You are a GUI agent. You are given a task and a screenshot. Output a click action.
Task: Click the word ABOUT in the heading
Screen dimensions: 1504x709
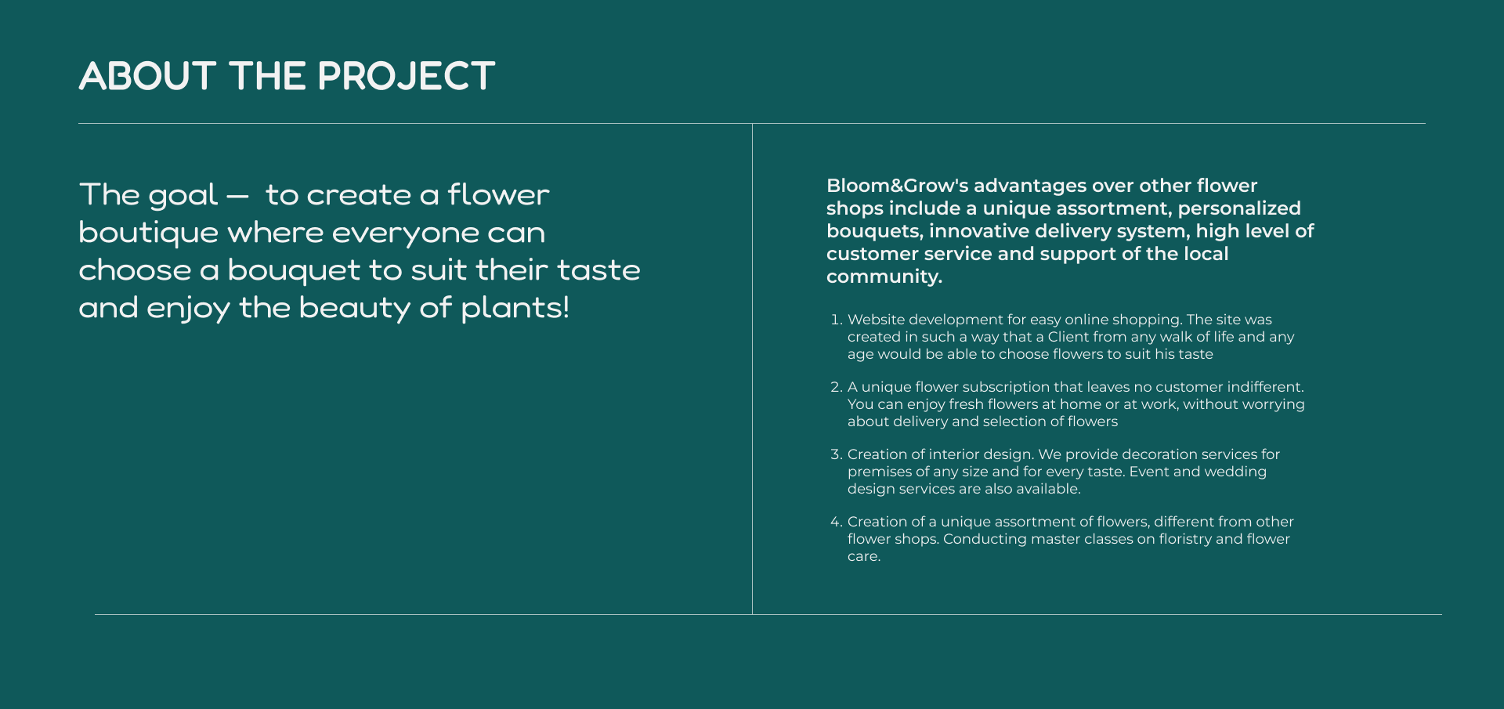[147, 76]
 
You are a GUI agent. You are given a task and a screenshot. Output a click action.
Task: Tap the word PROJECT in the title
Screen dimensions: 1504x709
[407, 76]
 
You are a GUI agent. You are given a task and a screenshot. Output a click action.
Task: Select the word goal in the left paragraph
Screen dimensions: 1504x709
[183, 196]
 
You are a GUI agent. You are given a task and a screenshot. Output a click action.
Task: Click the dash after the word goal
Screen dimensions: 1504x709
[237, 197]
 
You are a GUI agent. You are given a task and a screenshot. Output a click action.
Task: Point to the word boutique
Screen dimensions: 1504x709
[149, 233]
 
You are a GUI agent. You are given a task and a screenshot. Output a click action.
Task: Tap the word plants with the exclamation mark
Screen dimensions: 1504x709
[515, 309]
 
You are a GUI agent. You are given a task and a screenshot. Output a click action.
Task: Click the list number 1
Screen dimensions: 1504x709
[836, 320]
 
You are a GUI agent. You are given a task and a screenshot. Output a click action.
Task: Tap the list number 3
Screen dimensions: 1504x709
[836, 454]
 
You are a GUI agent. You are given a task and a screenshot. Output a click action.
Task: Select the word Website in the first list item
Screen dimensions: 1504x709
[876, 320]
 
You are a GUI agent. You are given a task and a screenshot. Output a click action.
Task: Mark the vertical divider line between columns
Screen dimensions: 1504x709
[752, 369]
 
